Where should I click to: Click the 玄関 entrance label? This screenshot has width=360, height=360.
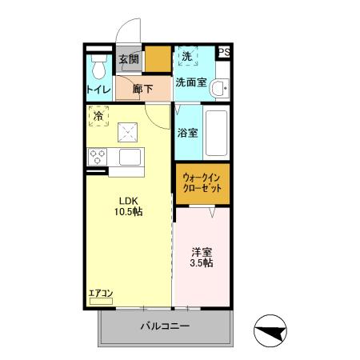coord(129,58)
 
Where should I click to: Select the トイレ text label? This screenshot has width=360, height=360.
coord(99,89)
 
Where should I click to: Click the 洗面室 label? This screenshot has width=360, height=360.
coord(191,82)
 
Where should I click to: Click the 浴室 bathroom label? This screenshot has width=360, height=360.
coord(187,133)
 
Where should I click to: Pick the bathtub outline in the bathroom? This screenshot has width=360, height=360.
coord(217,133)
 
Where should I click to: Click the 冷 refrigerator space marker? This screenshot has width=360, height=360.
coord(98,116)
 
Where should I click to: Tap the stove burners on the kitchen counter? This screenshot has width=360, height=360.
coord(98,156)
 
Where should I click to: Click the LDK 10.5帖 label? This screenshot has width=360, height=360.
coord(127,206)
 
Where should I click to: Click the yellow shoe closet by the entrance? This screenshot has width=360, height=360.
coord(158,60)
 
